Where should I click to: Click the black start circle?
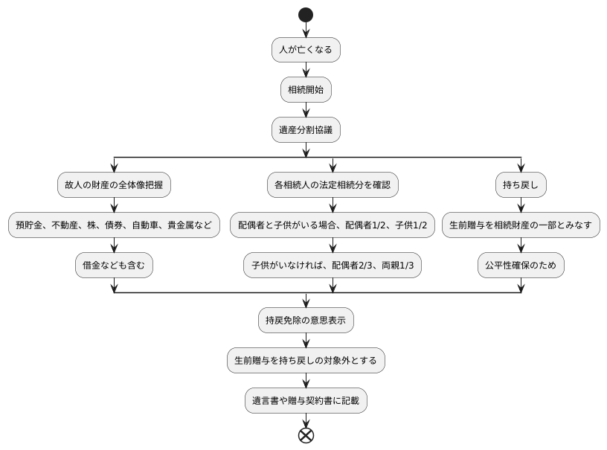(306, 15)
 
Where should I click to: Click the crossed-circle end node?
(306, 436)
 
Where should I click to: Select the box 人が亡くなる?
(306, 50)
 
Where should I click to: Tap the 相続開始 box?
(306, 90)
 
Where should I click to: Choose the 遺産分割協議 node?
(306, 130)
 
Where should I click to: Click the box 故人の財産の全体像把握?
(114, 184)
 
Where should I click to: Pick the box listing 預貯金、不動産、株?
(114, 225)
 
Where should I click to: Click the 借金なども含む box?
(114, 265)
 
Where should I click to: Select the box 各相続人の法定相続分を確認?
(333, 184)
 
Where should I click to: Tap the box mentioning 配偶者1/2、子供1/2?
(333, 225)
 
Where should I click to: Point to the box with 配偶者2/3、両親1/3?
(333, 265)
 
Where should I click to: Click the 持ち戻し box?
(521, 184)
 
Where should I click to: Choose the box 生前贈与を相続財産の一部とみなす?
(521, 225)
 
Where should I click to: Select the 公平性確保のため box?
(521, 265)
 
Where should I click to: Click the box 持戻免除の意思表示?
(306, 321)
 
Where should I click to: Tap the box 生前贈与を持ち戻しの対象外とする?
(306, 361)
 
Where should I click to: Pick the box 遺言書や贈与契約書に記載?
(306, 401)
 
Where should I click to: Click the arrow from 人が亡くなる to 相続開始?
(306, 70)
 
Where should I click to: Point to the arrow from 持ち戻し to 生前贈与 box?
(521, 205)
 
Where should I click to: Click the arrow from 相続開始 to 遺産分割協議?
(306, 110)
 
